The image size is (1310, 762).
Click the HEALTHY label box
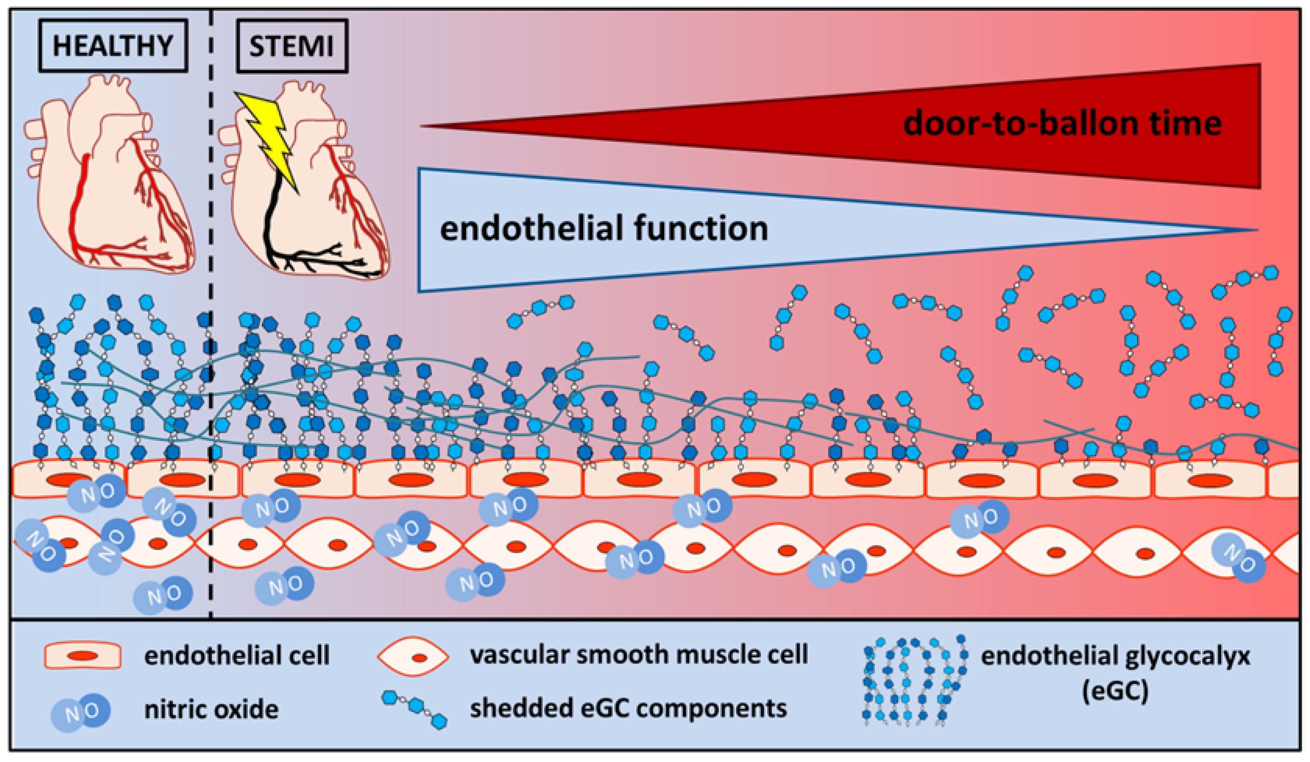113,45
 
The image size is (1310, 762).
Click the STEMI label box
292,46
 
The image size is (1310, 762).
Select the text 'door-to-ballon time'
1062,124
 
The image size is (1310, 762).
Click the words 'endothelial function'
604,229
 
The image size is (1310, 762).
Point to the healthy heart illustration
109,177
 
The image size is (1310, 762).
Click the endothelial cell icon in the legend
83,656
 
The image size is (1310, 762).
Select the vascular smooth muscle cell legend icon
413,657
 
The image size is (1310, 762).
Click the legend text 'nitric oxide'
211,709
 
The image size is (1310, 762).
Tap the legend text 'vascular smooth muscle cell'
639,654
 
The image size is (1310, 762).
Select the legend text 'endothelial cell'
237,655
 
